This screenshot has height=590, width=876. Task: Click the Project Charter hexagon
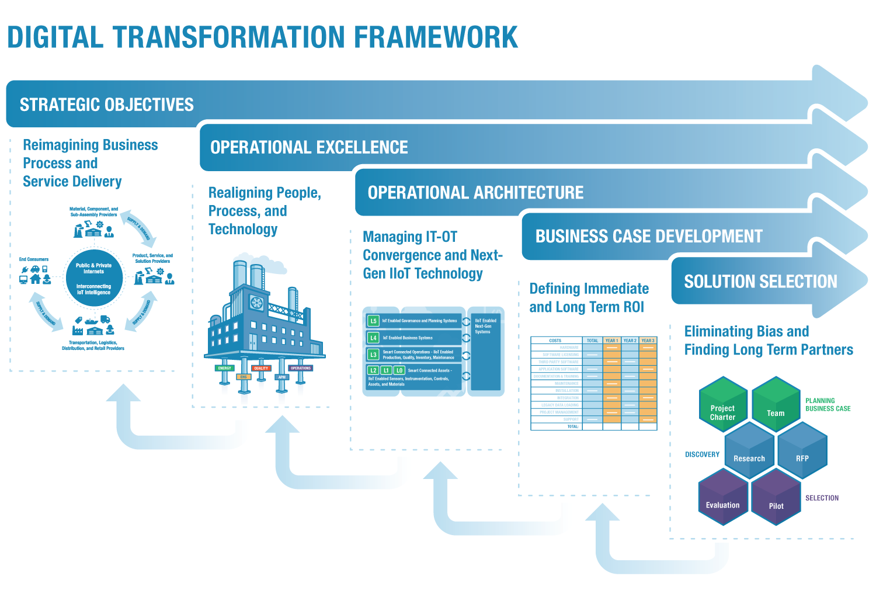[723, 409]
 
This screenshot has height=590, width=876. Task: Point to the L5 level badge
[373, 321]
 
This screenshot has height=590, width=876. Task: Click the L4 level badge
[373, 338]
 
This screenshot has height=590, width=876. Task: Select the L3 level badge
[373, 355]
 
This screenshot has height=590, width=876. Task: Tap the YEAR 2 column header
[630, 341]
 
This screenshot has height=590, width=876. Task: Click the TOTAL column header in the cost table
[592, 341]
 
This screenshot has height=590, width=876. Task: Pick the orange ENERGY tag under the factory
[225, 368]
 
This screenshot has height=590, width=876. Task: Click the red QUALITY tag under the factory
[261, 368]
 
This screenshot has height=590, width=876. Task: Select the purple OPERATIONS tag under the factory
[301, 368]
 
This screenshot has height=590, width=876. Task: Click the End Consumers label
[34, 259]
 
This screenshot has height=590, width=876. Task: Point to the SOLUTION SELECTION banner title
[760, 282]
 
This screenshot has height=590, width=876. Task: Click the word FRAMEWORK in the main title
[436, 37]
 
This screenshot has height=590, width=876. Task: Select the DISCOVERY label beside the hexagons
[702, 454]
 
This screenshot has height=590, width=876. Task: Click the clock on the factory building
[257, 303]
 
